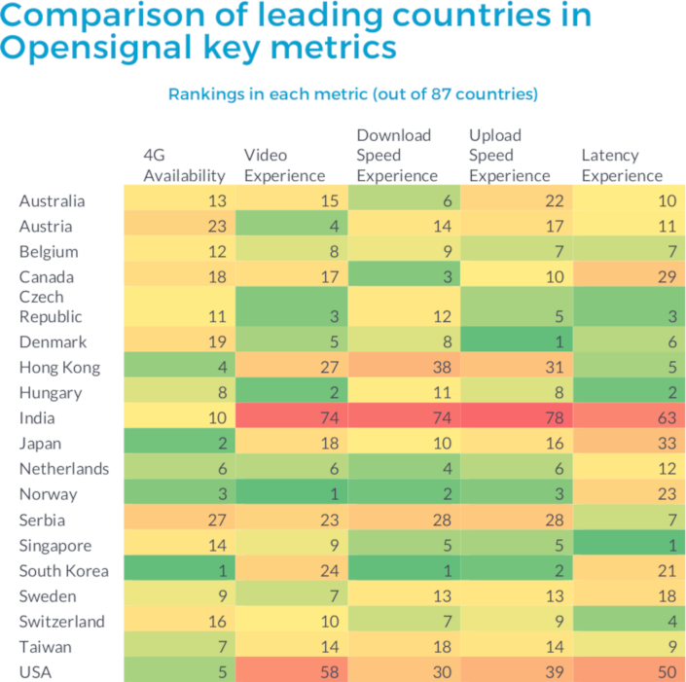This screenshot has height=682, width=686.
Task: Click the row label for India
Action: tap(37, 418)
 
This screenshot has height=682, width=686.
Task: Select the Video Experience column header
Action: tap(284, 165)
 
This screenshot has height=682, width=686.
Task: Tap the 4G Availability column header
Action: tap(184, 165)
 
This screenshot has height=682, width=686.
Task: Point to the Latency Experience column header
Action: tap(622, 165)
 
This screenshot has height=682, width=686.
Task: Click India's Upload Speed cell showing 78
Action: tap(516, 418)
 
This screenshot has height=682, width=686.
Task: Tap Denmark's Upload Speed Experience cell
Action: tap(516, 342)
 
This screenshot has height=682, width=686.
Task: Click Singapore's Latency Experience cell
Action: tap(628, 545)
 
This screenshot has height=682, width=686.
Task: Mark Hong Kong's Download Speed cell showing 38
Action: tap(403, 368)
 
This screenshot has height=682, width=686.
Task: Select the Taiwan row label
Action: tap(45, 646)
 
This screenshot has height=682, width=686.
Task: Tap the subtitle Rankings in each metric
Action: tap(353, 94)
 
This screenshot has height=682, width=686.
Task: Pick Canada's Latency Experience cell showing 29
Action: tap(628, 276)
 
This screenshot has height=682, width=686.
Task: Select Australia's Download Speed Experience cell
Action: tap(403, 200)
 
